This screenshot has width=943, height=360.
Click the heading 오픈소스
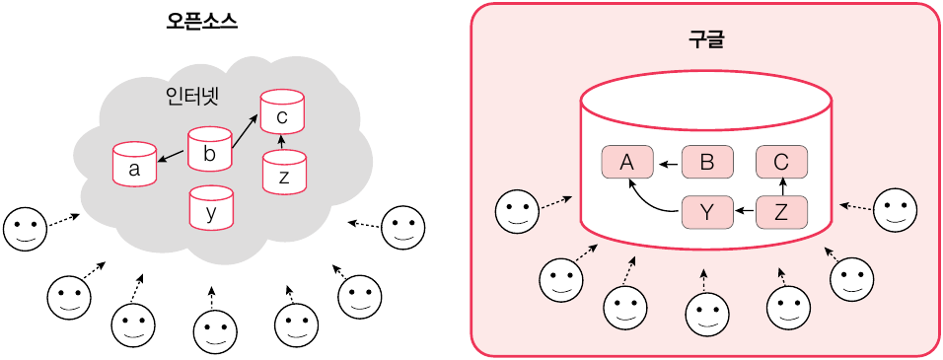point(201,23)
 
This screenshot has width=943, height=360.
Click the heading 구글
point(706,39)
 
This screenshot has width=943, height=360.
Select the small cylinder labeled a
point(134,163)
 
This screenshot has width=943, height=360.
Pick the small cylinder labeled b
point(209,149)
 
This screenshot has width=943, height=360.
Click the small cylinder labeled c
point(282,111)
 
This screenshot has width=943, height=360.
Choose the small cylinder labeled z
point(284,172)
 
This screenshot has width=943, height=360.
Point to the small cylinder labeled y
point(210,207)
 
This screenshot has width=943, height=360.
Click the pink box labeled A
point(627,162)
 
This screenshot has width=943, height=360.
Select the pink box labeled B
point(707,162)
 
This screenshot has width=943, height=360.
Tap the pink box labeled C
point(780,162)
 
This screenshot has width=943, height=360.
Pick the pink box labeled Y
point(707,211)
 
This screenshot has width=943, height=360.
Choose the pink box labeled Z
point(780,211)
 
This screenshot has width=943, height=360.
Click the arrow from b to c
point(246,132)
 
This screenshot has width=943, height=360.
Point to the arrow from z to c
point(282,142)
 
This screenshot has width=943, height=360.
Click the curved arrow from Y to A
point(646,201)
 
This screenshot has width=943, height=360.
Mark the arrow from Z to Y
point(745,211)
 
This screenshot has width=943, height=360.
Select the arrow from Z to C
point(782,187)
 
